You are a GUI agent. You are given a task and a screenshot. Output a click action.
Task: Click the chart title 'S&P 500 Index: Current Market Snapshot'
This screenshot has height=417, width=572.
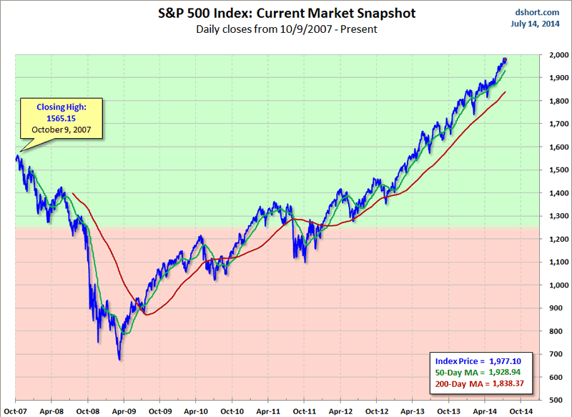pyautogui.click(x=286, y=14)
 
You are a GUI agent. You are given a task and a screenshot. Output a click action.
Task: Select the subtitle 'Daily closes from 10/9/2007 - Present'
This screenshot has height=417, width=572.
pyautogui.click(x=286, y=29)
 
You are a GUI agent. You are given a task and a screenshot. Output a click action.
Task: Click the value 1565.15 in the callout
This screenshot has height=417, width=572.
pyautogui.click(x=62, y=119)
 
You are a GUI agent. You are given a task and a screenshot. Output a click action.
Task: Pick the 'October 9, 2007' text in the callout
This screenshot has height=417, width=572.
pyautogui.click(x=62, y=130)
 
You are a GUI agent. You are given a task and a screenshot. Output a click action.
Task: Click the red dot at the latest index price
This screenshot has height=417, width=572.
pyautogui.click(x=505, y=60)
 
